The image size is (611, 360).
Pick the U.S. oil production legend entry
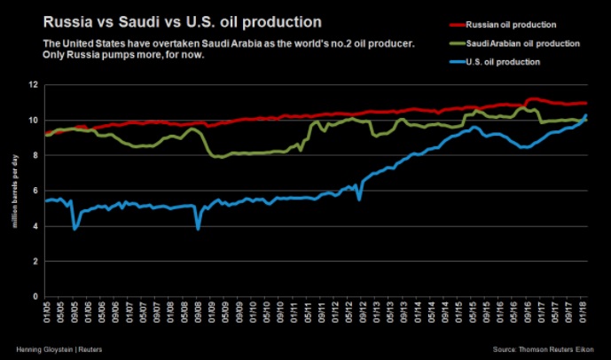(488, 62)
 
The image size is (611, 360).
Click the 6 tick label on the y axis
(35, 191)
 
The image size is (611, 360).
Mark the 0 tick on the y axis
(35, 297)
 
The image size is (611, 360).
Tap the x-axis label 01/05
(46, 312)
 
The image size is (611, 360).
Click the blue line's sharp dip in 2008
(198, 229)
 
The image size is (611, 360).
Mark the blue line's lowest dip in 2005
(74, 229)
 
